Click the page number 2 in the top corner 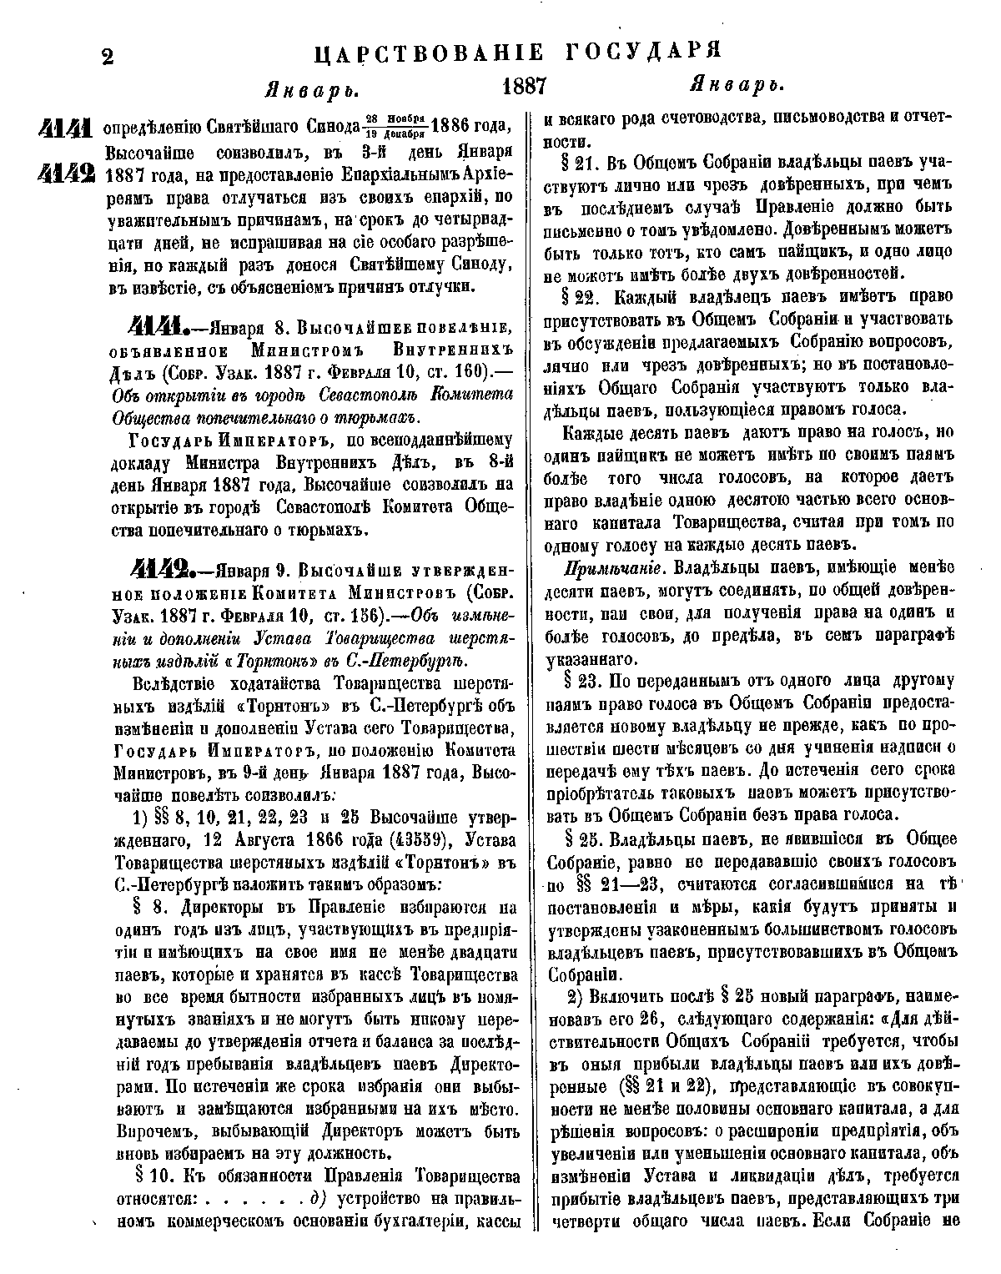[x=106, y=57]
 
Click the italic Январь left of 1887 [x=305, y=89]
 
